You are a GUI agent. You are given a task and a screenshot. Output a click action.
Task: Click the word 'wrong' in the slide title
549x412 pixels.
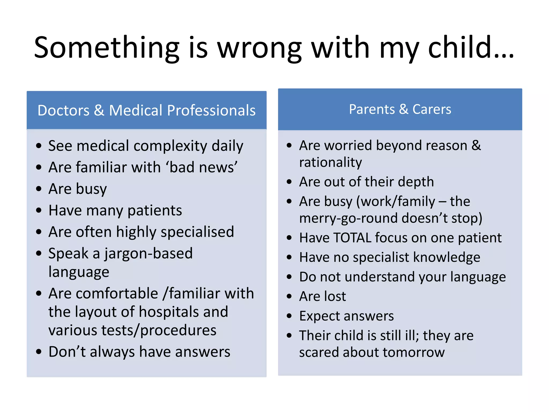pos(259,48)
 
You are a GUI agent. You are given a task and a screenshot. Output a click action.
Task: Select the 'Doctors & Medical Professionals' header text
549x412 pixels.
pos(146,110)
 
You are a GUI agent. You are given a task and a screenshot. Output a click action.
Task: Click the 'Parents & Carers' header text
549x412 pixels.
pos(400,109)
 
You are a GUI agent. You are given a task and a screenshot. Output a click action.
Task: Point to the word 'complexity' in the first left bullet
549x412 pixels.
pos(170,146)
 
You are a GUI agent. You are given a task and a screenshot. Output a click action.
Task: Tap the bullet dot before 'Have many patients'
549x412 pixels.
pos(39,210)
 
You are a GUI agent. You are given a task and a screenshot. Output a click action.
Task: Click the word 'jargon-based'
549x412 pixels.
pos(149,253)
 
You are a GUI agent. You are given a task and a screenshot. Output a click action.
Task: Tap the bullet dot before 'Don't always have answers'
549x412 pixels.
pos(39,351)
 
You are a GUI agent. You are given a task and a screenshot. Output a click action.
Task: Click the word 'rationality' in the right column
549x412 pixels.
pos(331,163)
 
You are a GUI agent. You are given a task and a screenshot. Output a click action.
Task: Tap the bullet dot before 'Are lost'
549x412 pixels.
pos(289,296)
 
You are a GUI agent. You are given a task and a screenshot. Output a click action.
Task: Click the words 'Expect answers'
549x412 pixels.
pos(346,316)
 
